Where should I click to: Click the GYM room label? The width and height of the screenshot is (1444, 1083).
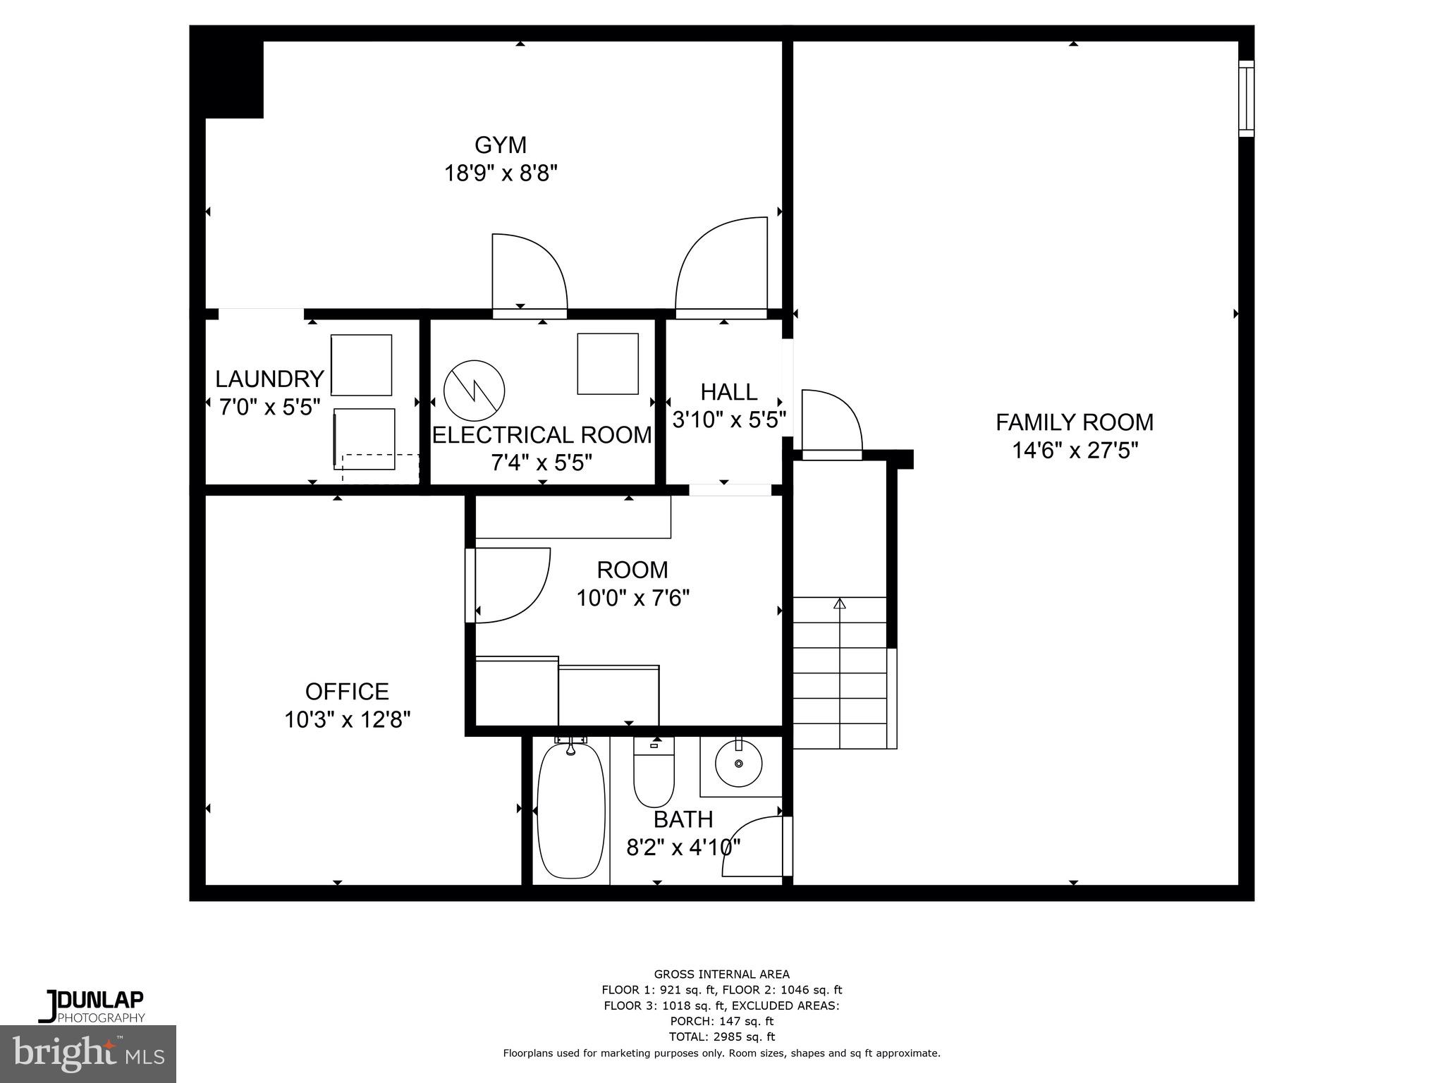tap(500, 145)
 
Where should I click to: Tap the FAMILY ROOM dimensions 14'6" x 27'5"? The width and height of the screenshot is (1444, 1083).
tap(1075, 450)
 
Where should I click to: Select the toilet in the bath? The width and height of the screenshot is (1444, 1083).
tap(654, 771)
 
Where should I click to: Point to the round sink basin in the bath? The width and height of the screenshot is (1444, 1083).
tap(738, 764)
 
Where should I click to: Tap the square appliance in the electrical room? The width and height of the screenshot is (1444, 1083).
tap(607, 364)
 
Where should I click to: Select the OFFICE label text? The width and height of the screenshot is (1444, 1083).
tap(347, 691)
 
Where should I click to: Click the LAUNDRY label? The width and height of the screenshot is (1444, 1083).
tap(269, 379)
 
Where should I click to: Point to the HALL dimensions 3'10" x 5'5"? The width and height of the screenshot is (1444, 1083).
tap(729, 420)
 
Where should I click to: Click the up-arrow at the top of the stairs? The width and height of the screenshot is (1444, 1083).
tap(839, 604)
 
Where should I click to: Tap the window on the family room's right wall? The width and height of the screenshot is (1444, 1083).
tap(1246, 98)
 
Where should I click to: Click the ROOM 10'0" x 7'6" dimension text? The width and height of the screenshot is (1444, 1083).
tap(632, 599)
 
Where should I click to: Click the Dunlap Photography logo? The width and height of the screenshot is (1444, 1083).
tap(92, 1006)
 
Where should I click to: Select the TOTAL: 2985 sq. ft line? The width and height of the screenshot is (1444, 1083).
tap(721, 1036)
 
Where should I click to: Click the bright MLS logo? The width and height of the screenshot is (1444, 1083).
tap(88, 1054)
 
